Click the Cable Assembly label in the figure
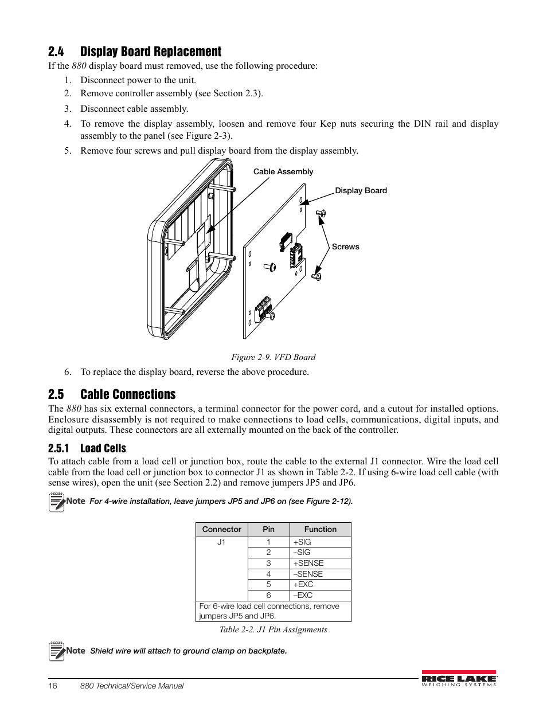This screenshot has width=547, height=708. point(283,171)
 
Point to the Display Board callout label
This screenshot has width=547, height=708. point(361,190)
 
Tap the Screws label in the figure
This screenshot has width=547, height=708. point(345,247)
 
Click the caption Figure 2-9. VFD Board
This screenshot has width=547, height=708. point(273,357)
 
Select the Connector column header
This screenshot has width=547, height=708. point(221,529)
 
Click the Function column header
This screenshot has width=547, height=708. point(320,529)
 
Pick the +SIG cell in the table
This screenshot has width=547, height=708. point(302,542)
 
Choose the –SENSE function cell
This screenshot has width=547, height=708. point(308,574)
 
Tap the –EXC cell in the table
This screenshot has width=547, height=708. point(303,595)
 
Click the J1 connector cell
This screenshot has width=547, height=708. point(221,542)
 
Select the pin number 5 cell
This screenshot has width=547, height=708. point(268,584)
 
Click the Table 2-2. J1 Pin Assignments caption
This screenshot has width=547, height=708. point(273,629)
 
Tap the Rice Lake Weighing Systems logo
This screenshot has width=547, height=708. point(459,678)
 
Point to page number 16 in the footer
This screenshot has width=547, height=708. point(53,686)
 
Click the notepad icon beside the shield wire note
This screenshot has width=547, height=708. point(57,651)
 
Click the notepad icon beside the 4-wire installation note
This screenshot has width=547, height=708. point(57,502)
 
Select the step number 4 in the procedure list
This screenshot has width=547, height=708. point(68,124)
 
